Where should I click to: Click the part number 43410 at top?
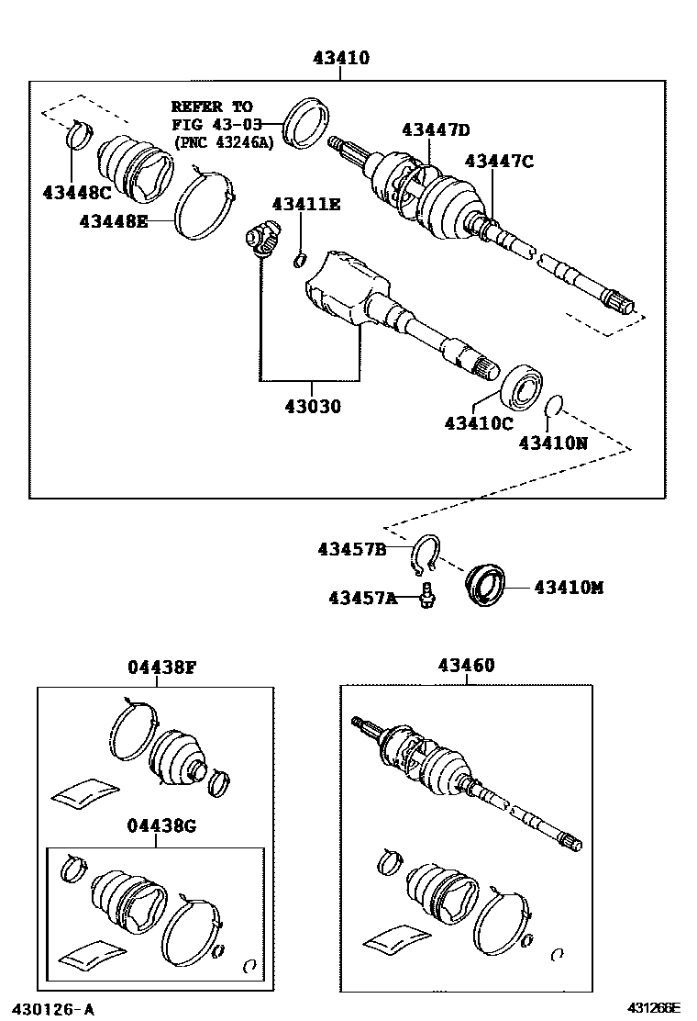pyautogui.click(x=340, y=59)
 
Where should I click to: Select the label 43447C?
pyautogui.click(x=498, y=162)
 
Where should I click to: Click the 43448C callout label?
pyautogui.click(x=76, y=192)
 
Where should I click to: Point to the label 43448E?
pyautogui.click(x=113, y=220)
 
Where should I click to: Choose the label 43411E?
pyautogui.click(x=305, y=204)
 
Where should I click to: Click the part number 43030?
pyautogui.click(x=311, y=405)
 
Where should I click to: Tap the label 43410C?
pyautogui.click(x=478, y=423)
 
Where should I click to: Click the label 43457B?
pyautogui.click(x=352, y=549)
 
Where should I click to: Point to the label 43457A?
pyautogui.click(x=363, y=598)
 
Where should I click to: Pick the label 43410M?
pyautogui.click(x=569, y=587)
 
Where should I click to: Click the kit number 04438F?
pyautogui.click(x=161, y=668)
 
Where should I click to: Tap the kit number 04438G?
pyautogui.click(x=161, y=825)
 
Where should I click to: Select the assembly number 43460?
pyautogui.click(x=465, y=666)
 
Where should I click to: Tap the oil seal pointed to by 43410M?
pyautogui.click(x=482, y=587)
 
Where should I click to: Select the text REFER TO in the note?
pyautogui.click(x=211, y=107)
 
